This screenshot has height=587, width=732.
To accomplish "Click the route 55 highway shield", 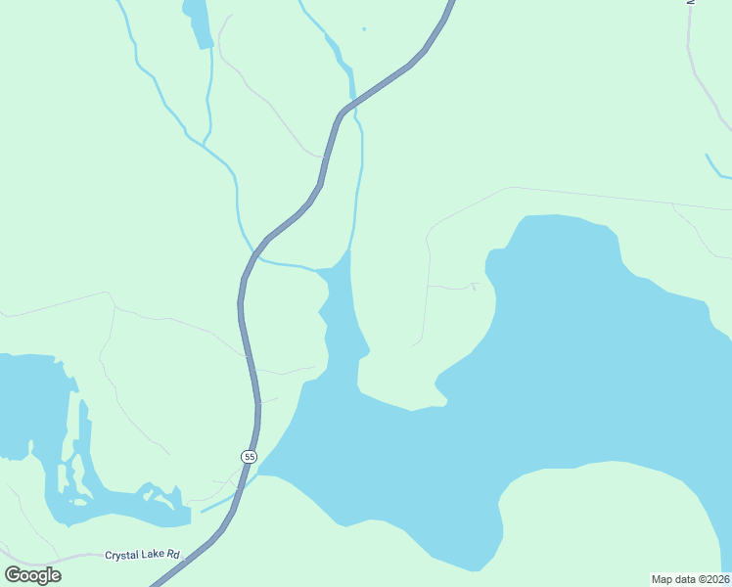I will pyautogui.click(x=250, y=457).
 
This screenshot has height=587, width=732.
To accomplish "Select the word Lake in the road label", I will pyautogui.click(x=156, y=555).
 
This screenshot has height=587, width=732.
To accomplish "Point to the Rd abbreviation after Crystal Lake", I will pyautogui.click(x=174, y=555).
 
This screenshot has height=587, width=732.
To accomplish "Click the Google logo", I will pyautogui.click(x=33, y=575).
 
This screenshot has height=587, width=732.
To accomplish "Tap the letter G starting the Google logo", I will pyautogui.click(x=13, y=575).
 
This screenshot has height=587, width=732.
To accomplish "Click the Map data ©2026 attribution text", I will pyautogui.click(x=690, y=578).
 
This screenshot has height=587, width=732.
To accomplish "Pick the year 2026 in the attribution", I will pyautogui.click(x=714, y=578).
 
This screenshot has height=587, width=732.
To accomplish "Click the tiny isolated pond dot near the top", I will pyautogui.click(x=364, y=29).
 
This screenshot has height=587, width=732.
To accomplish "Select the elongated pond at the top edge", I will pyautogui.click(x=199, y=22).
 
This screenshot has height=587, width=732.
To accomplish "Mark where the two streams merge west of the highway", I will pyautogui.click(x=204, y=145).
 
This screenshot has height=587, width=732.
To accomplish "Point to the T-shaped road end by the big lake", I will pyautogui.click(x=474, y=286).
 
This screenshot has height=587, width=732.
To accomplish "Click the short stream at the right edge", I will pyautogui.click(x=717, y=167).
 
